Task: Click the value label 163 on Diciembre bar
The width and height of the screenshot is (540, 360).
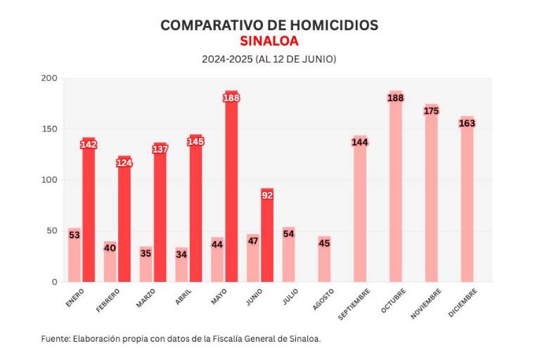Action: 467,123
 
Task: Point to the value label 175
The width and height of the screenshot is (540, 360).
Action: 431,111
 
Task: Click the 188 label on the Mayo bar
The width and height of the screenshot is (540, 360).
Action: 231,98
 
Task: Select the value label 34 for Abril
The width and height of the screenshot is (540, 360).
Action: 181,254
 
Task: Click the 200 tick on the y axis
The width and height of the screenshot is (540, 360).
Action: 49,79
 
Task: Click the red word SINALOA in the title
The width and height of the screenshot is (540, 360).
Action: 269,41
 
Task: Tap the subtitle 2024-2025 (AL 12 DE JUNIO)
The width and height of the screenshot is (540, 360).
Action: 269,59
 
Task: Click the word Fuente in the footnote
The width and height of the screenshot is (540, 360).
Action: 55,338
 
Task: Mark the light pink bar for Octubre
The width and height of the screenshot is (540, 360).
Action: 395,190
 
